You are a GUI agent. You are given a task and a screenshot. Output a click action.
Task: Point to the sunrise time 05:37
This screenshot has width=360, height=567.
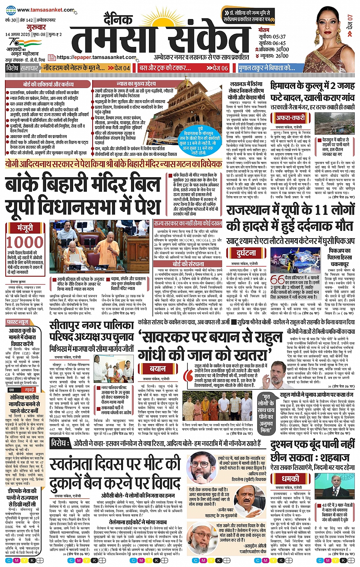pyautogui.click(x=277, y=37)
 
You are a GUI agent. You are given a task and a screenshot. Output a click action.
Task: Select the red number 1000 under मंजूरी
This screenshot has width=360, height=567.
pyautogui.click(x=25, y=243)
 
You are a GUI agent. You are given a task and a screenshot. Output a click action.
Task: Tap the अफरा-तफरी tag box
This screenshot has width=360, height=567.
pyautogui.click(x=291, y=118)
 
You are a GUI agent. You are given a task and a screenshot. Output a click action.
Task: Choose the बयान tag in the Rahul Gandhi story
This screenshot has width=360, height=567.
pyautogui.click(x=157, y=369)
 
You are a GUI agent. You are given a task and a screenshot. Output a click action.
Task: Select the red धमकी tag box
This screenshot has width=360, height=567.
pyautogui.click(x=290, y=479)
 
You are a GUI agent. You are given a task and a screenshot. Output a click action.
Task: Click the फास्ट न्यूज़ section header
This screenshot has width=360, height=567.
pyautogui.click(x=18, y=322)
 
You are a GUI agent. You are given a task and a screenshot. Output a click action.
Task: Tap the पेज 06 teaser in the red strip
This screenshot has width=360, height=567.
pyautogui.click(x=217, y=68)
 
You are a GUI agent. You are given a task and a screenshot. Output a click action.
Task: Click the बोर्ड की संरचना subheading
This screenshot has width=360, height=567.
pyautogui.click(x=188, y=264)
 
